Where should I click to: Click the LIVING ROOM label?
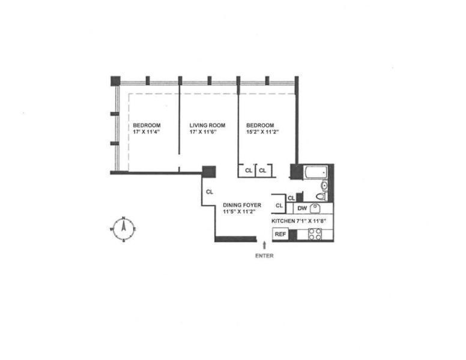(x=207, y=125)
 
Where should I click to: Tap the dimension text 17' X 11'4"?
(x=147, y=132)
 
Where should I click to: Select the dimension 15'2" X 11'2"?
(x=264, y=132)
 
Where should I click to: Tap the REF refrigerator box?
(x=280, y=235)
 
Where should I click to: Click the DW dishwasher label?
(x=302, y=208)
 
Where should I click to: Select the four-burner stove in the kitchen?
(x=315, y=234)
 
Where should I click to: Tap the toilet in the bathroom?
(x=321, y=196)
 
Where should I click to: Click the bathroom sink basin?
(x=325, y=185)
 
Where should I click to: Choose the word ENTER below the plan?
(x=264, y=256)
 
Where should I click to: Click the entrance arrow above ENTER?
(x=264, y=245)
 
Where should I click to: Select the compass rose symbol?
(x=123, y=229)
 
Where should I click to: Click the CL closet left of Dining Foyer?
(x=209, y=193)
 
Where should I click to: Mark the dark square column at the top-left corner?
(x=115, y=80)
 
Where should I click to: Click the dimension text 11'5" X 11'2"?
(x=240, y=211)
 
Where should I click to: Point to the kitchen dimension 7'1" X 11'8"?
(x=310, y=221)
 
